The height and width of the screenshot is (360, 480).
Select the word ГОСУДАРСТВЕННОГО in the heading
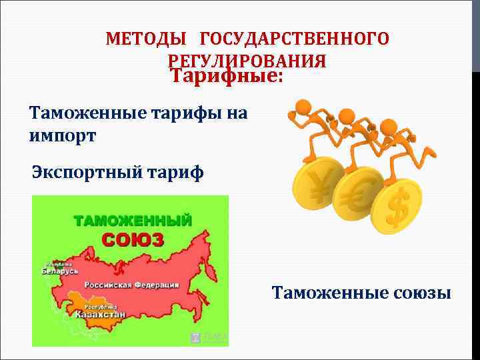[x=294, y=38]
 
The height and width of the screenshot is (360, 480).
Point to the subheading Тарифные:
[x=227, y=76]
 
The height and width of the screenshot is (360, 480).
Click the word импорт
[x=63, y=135]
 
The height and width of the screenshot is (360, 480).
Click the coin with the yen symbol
[x=316, y=185]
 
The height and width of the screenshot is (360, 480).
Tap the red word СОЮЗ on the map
[x=132, y=239]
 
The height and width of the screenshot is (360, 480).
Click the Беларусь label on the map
[x=59, y=271]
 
